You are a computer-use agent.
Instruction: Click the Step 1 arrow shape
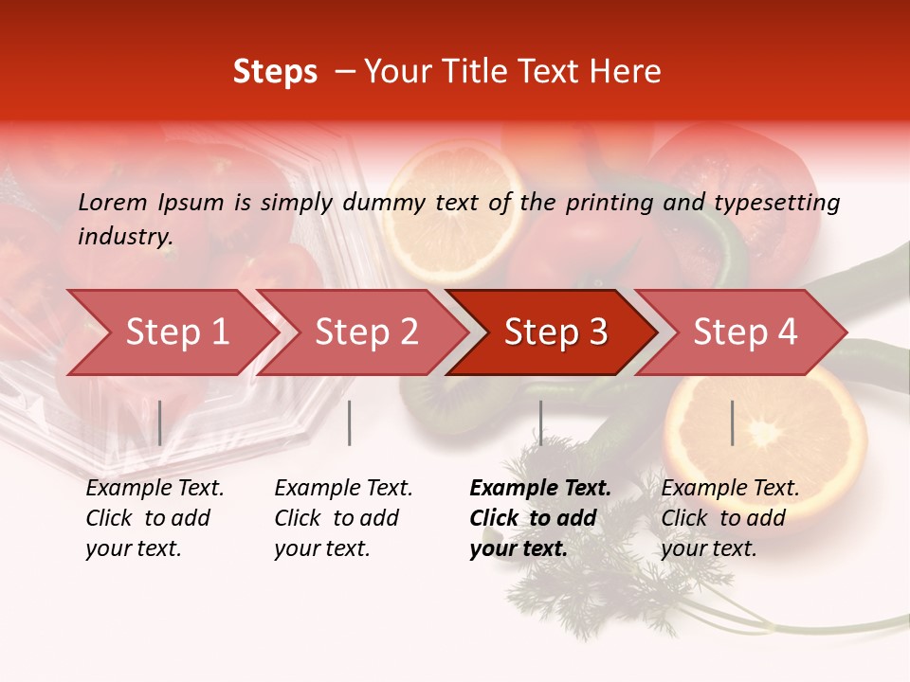pos(171,332)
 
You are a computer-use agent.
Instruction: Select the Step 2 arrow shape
pos(364,332)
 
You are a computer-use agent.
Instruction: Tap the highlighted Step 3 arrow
pos(554,332)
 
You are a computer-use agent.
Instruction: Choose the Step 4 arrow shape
pos(743,332)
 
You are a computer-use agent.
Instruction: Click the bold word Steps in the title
pos(275,72)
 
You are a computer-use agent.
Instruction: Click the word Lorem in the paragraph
pos(113,202)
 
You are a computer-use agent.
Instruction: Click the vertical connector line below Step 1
pos(160,422)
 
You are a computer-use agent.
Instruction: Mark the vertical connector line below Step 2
pos(350,422)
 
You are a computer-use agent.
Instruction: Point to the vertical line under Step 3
pos(540,422)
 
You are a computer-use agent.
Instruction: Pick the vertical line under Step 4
pos(732,422)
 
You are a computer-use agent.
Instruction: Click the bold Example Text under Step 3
pos(540,489)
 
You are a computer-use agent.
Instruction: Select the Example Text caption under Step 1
pos(155,489)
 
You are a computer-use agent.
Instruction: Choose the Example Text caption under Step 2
pos(343,489)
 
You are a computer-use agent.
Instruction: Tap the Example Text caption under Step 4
pos(730,489)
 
